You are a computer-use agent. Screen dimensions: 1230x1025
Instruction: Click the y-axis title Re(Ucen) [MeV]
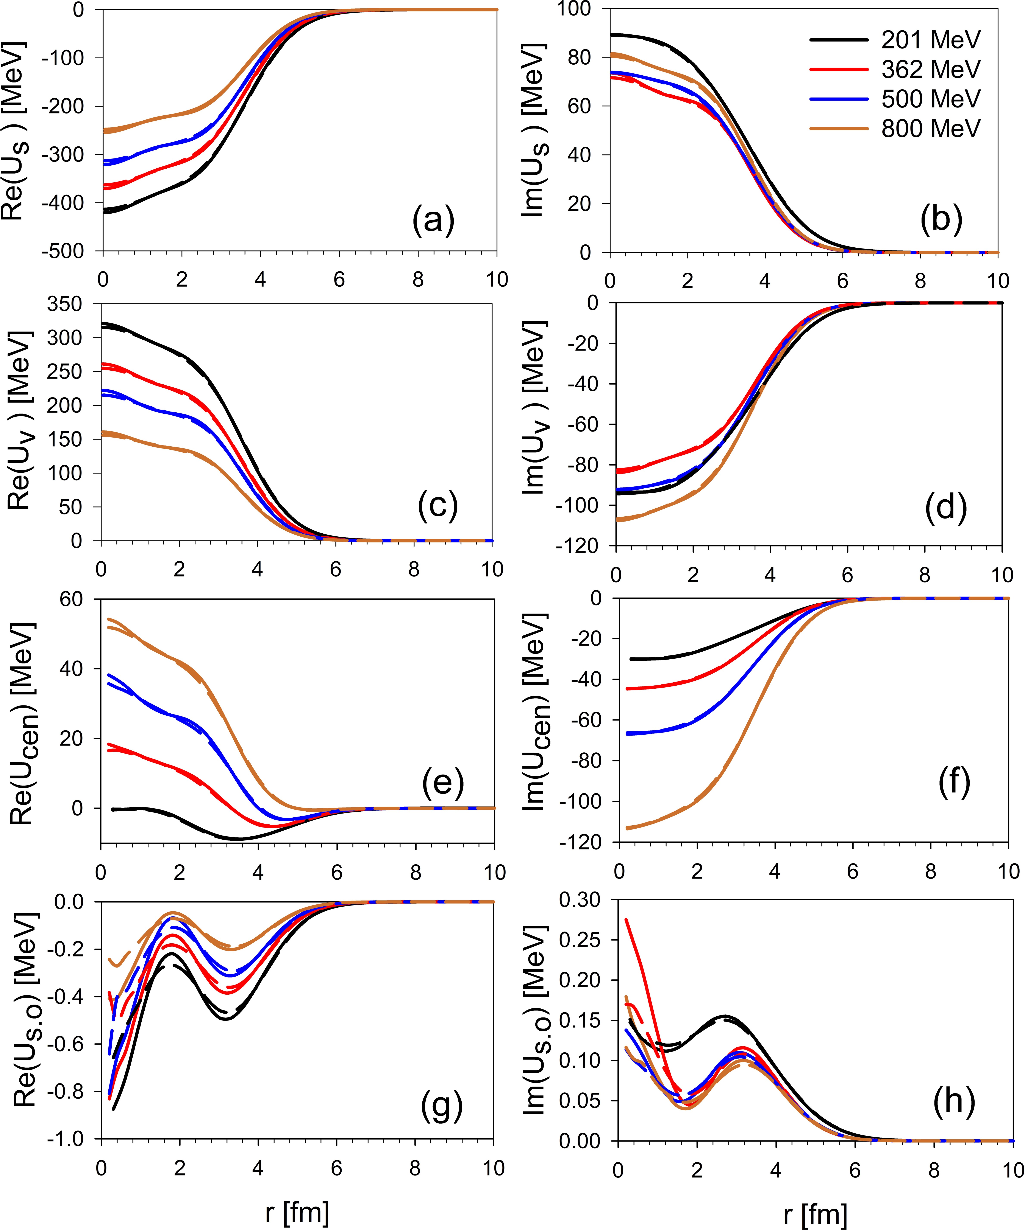pos(22,723)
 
